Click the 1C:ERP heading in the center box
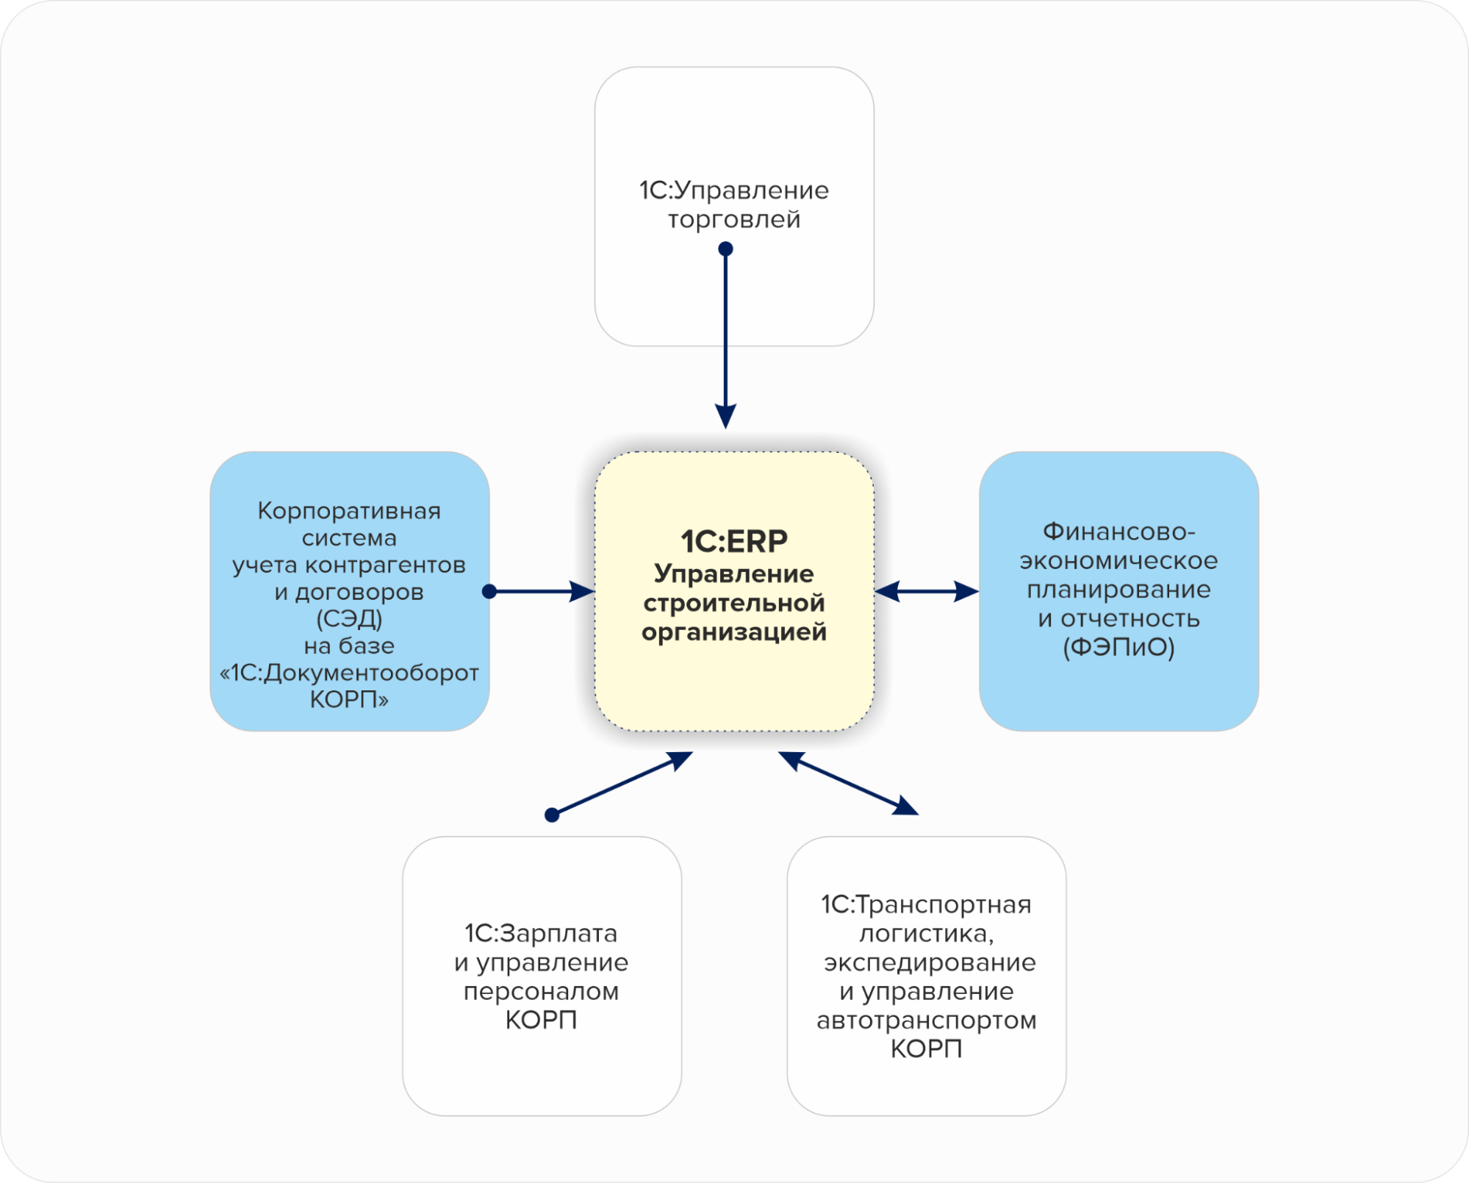pos(733,542)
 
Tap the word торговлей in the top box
pos(733,220)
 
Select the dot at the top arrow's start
pos(725,249)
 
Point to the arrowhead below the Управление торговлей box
pos(725,416)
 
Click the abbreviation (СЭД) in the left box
pos(349,619)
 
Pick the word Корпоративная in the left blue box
pos(349,511)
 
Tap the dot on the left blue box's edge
pos(489,591)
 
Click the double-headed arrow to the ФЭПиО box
pos(927,591)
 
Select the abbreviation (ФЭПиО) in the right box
pos(1118,648)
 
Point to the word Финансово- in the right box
pos(1118,532)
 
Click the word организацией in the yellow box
pos(733,632)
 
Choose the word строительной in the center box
pos(733,604)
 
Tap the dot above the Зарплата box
pos(552,815)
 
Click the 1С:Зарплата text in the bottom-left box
pos(541,934)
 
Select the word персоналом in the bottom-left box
pos(541,992)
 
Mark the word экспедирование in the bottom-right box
pos(929,963)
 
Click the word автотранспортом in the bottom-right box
pos(926,1021)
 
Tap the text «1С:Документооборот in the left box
pos(349,673)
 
